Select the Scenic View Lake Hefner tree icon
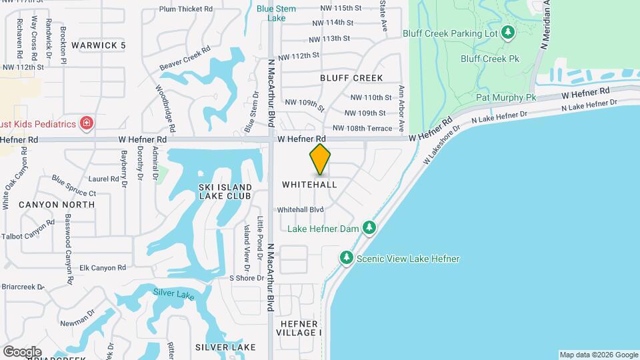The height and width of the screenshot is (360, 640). pos(346,257)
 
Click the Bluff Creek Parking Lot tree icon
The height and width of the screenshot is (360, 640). pos(508,32)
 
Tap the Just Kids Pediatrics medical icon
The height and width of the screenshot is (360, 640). pos(85,123)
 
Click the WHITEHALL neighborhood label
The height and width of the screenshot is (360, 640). pos(309,184)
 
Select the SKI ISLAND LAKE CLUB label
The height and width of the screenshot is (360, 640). pos(225,191)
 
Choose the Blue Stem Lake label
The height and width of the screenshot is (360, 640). pos(272,13)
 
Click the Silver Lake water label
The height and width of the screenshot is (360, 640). pos(173,293)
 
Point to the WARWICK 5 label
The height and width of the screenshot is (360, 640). pos(99,45)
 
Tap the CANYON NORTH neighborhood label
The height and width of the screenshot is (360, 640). pos(56,204)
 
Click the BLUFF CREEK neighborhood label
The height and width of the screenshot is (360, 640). pos(351,78)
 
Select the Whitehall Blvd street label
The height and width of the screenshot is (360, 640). pos(300,209)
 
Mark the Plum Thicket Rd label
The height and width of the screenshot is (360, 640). pos(186,9)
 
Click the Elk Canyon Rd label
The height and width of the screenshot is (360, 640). pos(103,268)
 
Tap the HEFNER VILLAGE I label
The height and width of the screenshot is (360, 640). pos(299,327)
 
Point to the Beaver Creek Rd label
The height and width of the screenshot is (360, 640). pos(185,59)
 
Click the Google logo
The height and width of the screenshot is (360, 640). pos(22,351)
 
